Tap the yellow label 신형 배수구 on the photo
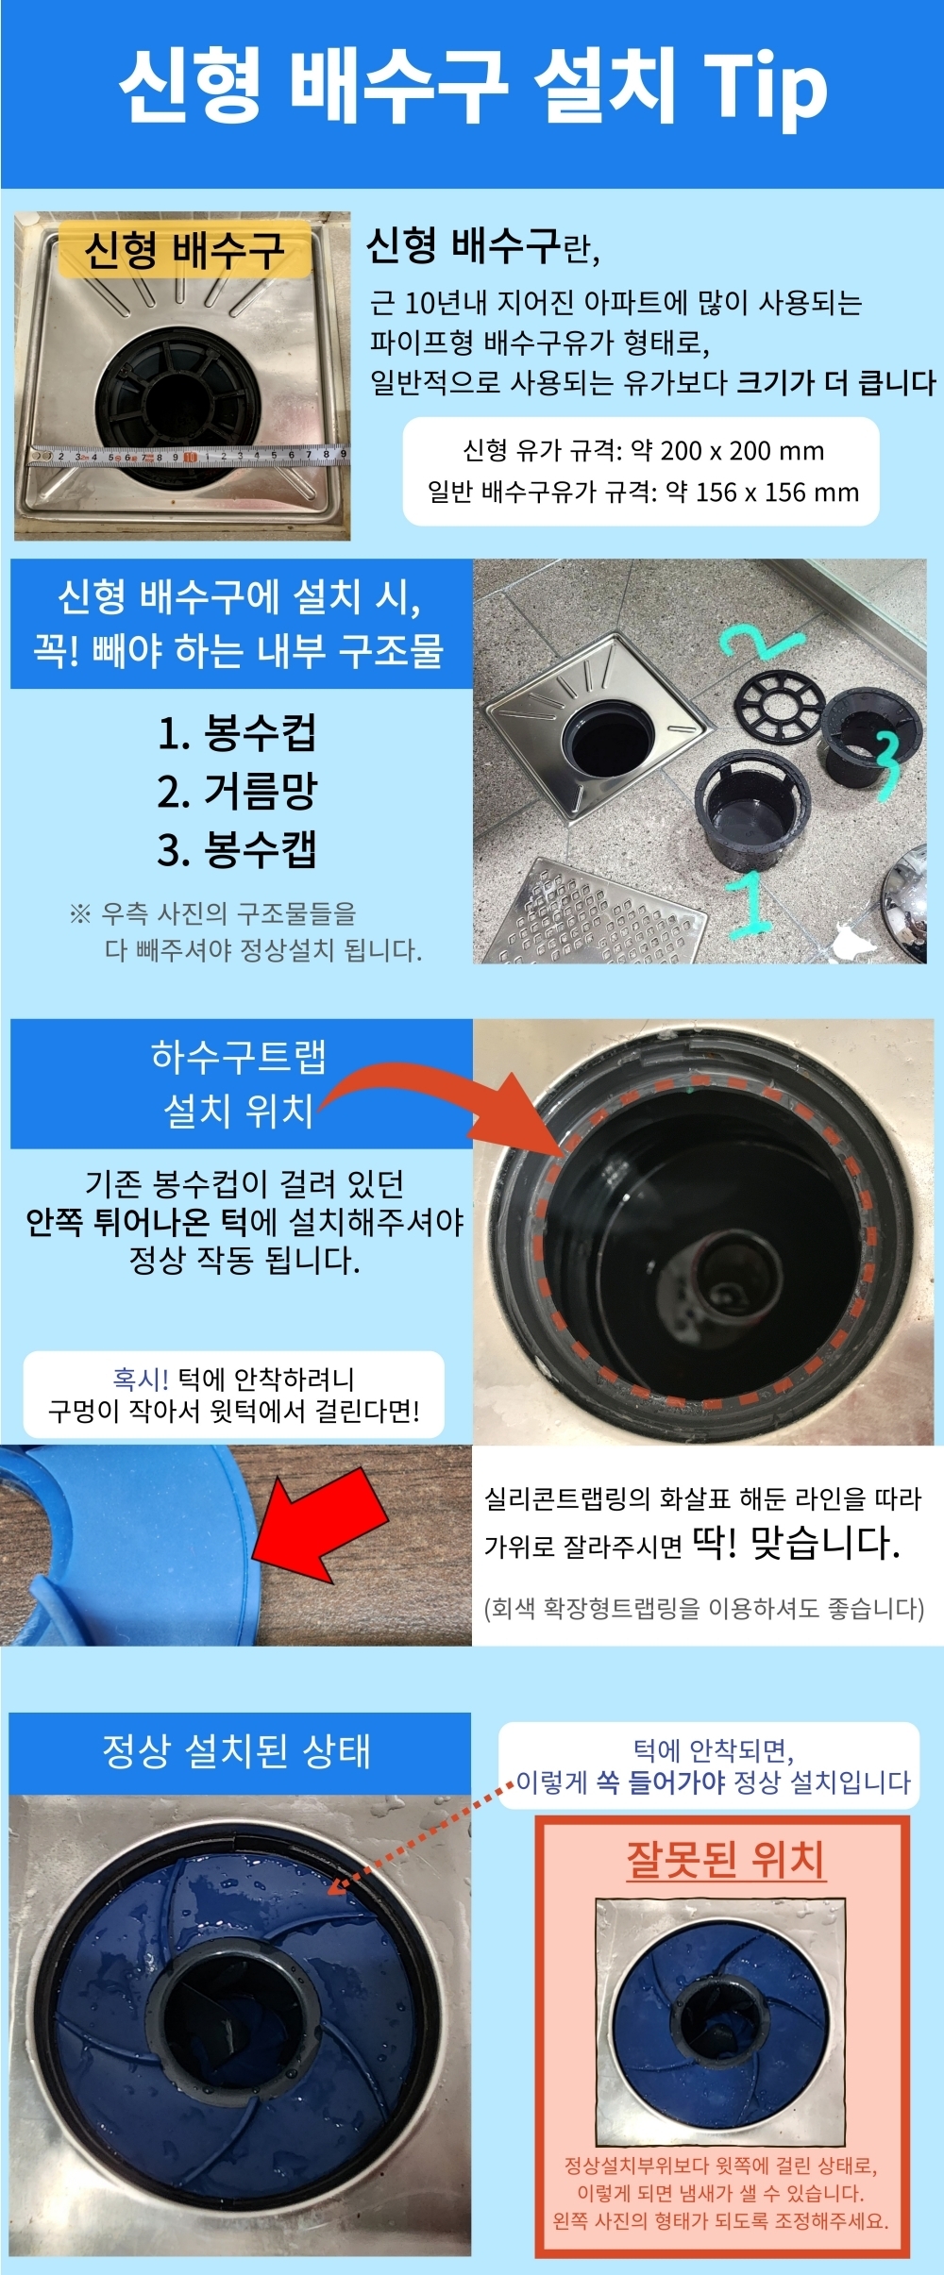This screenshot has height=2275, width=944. pyautogui.click(x=185, y=251)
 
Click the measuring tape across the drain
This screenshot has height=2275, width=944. pyautogui.click(x=189, y=455)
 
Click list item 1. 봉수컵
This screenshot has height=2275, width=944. pyautogui.click(x=237, y=733)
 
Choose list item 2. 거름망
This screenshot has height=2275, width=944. pyautogui.click(x=237, y=791)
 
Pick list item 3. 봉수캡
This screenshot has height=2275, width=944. pyautogui.click(x=237, y=849)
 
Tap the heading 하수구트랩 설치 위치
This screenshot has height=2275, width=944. pyautogui.click(x=239, y=1083)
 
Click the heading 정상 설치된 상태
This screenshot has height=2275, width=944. pyautogui.click(x=237, y=1751)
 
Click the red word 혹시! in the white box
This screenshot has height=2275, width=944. pyautogui.click(x=140, y=1379)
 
